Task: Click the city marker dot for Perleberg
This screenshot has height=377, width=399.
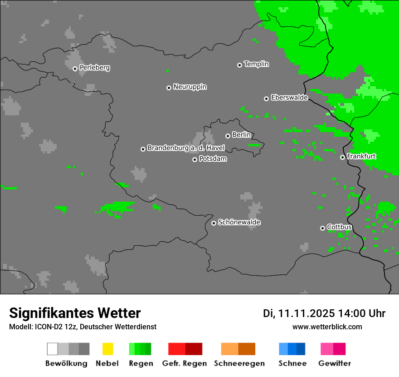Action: pyautogui.click(x=75, y=69)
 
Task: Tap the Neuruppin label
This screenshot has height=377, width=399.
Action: pyautogui.click(x=190, y=87)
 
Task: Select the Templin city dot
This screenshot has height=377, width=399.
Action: pyautogui.click(x=239, y=65)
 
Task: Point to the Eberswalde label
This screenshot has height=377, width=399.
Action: pyautogui.click(x=289, y=98)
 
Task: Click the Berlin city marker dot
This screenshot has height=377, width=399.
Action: pyautogui.click(x=228, y=136)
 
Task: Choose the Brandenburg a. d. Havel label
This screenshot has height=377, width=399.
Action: pyautogui.click(x=186, y=148)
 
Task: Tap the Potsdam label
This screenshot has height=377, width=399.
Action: pyautogui.click(x=213, y=159)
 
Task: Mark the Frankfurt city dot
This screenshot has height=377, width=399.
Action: pyautogui.click(x=342, y=157)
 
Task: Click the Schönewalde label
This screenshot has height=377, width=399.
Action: pyautogui.click(x=239, y=223)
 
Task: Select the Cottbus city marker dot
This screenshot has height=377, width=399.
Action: pyautogui.click(x=322, y=228)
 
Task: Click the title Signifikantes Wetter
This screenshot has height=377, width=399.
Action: pyautogui.click(x=75, y=313)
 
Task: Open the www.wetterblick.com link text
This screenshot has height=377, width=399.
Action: pyautogui.click(x=327, y=327)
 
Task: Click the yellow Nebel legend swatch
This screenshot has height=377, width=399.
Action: pyautogui.click(x=107, y=349)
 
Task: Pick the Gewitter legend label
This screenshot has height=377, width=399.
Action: pyautogui.click(x=334, y=363)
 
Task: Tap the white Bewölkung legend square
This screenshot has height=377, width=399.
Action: pyautogui.click(x=52, y=349)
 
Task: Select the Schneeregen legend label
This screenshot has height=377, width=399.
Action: pyautogui.click(x=239, y=363)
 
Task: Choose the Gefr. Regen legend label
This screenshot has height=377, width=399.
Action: pyautogui.click(x=184, y=363)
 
